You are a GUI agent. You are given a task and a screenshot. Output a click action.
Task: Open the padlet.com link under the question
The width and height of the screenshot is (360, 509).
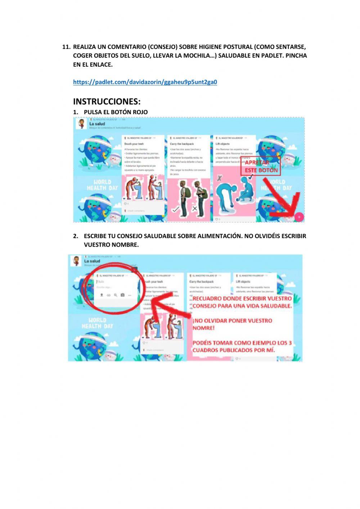pos(145,82)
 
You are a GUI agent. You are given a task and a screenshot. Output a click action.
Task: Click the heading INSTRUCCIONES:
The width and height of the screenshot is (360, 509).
pos(107,101)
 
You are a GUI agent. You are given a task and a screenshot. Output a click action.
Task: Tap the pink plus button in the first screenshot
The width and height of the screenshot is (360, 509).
pos(299,217)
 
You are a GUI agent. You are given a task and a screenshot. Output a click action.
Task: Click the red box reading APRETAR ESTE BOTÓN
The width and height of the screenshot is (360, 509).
pos(261,166)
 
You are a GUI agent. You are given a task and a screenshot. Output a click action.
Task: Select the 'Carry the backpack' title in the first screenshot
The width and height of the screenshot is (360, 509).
pos(182,144)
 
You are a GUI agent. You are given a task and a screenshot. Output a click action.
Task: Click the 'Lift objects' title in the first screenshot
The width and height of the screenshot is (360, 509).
pos(222,144)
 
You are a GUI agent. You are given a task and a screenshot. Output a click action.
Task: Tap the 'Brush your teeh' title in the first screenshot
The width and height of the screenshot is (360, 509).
pos(134,144)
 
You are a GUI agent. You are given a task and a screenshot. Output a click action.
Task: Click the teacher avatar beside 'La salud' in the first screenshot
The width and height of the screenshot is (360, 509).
pos(82,124)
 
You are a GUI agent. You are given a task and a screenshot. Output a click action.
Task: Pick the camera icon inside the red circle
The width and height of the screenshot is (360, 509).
pos(122,295)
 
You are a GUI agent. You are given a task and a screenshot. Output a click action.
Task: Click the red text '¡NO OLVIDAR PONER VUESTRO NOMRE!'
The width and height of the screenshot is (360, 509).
pos(232,324)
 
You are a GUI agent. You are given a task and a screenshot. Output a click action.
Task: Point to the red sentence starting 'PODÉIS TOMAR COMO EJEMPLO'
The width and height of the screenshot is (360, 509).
pos(242,346)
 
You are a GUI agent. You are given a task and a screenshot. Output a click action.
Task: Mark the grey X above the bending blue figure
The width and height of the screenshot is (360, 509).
pos(219,178)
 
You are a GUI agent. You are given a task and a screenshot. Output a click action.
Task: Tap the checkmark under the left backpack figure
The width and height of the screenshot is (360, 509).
pos(176,209)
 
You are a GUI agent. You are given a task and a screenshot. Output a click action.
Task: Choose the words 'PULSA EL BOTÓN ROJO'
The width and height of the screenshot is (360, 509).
pos(116,112)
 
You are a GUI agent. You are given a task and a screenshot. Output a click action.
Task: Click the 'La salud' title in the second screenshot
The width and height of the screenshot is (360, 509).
pos(92,261)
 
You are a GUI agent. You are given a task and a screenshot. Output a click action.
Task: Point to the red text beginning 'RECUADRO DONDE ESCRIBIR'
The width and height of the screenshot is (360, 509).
pos(242,302)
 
